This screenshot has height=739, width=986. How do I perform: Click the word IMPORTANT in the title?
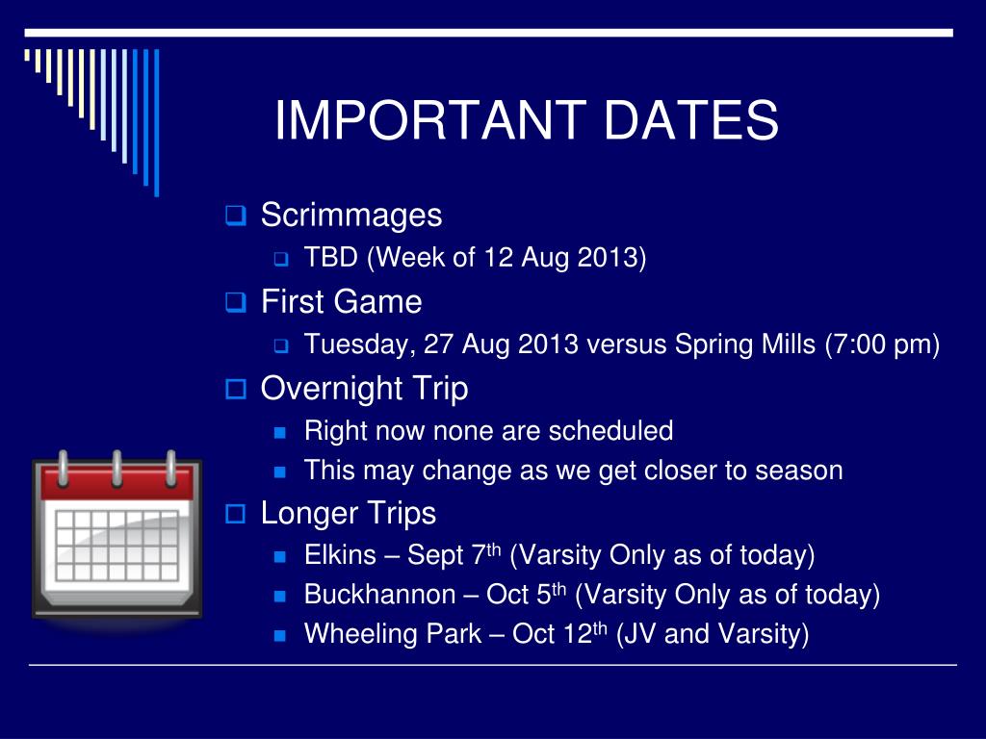(430, 119)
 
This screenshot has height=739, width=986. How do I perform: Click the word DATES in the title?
(691, 119)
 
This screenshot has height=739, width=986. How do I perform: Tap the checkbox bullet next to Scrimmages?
(235, 216)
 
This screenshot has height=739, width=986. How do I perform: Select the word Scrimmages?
(351, 216)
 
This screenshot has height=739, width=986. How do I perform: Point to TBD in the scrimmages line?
(331, 257)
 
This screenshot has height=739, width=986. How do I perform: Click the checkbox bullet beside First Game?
(235, 302)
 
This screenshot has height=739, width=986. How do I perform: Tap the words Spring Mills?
(745, 345)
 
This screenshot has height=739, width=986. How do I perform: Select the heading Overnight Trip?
(365, 389)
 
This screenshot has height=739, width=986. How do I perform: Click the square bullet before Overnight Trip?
(235, 389)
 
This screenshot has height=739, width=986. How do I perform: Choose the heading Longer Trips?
(349, 514)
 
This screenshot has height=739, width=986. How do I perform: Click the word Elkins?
(340, 555)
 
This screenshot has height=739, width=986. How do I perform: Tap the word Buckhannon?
(379, 595)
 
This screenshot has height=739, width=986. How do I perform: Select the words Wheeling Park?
(393, 633)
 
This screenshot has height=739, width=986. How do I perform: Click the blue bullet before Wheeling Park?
(280, 636)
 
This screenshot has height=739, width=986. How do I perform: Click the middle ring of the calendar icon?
(117, 469)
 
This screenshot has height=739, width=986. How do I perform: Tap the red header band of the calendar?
(117, 484)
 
